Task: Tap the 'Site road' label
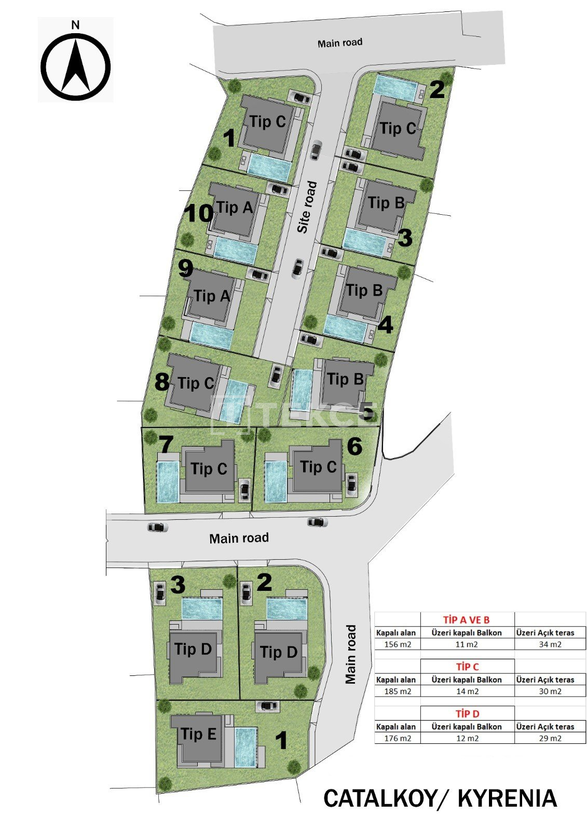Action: (x=308, y=207)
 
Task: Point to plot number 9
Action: (x=185, y=269)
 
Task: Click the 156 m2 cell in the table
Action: (x=398, y=644)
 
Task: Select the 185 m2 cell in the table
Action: (x=398, y=691)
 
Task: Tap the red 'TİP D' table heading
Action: (x=468, y=714)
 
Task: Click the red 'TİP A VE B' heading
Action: (x=467, y=619)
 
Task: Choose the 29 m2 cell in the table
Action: (x=550, y=738)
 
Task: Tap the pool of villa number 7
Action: (x=168, y=482)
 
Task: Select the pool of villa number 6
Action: (x=276, y=481)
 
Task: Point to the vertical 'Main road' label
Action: (x=350, y=654)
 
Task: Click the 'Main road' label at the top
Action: (x=339, y=43)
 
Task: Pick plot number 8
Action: (x=162, y=382)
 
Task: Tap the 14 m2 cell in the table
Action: (x=467, y=691)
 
